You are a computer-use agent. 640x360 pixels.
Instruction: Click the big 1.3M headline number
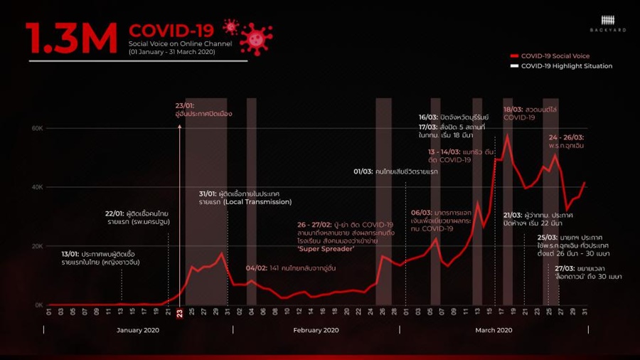[71, 39]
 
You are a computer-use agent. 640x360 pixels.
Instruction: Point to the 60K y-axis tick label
[36, 128]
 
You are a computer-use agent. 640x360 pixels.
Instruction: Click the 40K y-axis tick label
[36, 187]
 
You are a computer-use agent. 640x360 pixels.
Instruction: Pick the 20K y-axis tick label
[36, 246]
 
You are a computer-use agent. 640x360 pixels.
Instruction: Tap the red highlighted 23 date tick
[180, 312]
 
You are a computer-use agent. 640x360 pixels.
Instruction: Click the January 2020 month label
[138, 330]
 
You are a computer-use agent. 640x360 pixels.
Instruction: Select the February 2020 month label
[316, 330]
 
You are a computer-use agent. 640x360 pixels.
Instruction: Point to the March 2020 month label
[494, 330]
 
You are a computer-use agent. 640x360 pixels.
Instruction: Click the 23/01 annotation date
[184, 105]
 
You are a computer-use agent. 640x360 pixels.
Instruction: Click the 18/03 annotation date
[513, 110]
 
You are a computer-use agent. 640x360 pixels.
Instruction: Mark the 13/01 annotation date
[70, 253]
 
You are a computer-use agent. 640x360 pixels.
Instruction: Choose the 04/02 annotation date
[256, 268]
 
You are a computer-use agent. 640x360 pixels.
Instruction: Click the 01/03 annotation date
[363, 172]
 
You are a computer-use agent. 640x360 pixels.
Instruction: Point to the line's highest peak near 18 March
[507, 134]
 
